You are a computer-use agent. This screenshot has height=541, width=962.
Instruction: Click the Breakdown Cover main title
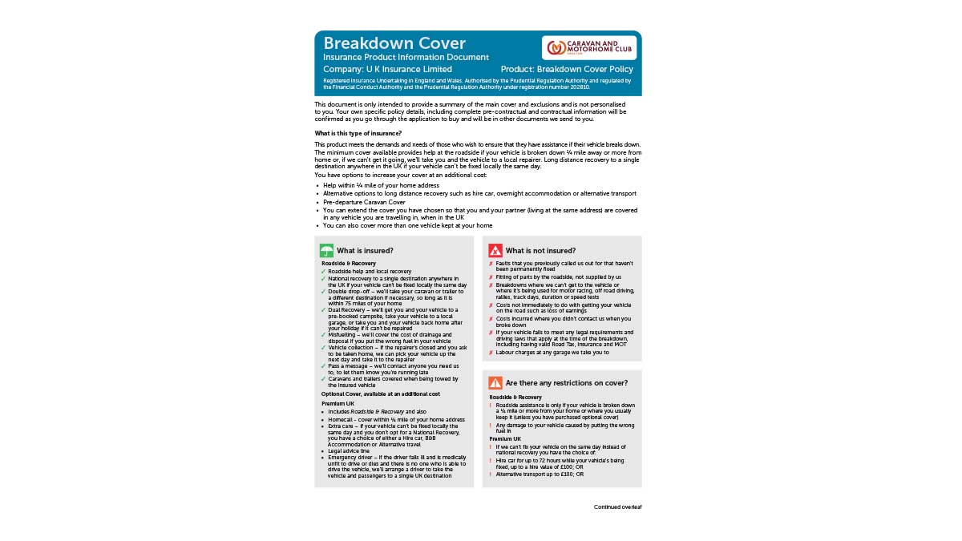tap(394, 43)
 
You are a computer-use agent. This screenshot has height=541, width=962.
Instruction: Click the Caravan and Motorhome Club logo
tap(589, 47)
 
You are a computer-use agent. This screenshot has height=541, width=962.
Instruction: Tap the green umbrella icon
tap(326, 250)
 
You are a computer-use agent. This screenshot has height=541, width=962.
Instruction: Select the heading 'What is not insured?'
tap(540, 251)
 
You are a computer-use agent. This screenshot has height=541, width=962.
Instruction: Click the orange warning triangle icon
tap(495, 383)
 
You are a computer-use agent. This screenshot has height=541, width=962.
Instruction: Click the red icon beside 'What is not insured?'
tap(495, 250)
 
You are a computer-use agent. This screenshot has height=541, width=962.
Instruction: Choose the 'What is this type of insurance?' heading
tap(358, 133)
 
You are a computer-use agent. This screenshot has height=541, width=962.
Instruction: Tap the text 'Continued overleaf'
tap(617, 507)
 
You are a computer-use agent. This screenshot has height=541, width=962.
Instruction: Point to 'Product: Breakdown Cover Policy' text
tap(567, 70)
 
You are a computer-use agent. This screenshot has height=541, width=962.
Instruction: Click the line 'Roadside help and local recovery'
tap(369, 272)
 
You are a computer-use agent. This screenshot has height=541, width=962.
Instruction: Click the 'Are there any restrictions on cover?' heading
tap(566, 383)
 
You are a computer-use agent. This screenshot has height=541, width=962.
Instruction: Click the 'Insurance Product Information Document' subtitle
tap(406, 58)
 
